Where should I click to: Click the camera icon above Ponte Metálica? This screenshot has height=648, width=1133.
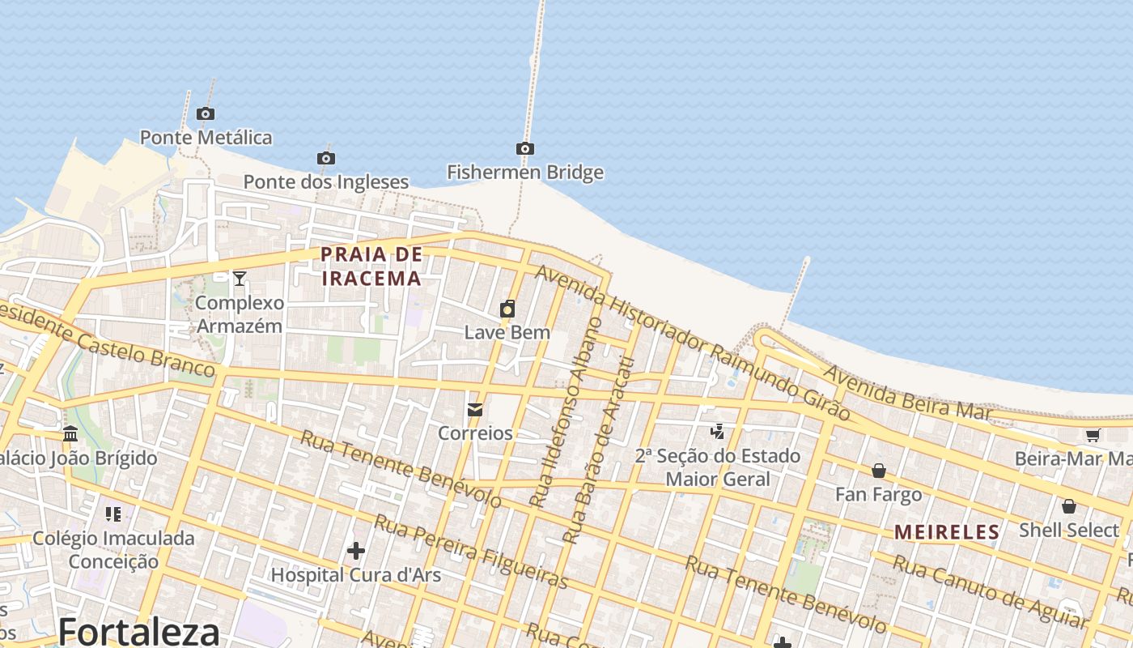tap(206, 114)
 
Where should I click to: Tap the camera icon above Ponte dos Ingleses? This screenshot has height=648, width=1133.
tap(326, 158)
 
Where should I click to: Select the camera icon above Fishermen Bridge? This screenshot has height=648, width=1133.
tap(525, 148)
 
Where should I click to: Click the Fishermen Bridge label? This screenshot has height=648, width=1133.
tap(525, 173)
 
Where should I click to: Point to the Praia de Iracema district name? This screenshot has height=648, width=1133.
tap(371, 266)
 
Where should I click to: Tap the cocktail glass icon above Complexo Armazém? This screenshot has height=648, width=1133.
tap(239, 279)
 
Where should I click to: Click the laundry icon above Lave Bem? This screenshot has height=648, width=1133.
tap(507, 309)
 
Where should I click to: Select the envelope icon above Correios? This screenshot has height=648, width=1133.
tap(475, 410)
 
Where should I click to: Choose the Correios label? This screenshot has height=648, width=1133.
tap(475, 433)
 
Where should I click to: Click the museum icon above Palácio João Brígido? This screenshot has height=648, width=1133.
tap(70, 434)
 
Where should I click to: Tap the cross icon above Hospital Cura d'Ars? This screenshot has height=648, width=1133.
tap(355, 552)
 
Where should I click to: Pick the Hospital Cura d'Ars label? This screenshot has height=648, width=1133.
tap(355, 575)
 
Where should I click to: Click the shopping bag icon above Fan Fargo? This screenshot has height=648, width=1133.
tap(878, 471)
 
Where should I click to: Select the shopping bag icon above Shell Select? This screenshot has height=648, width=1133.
tap(1068, 506)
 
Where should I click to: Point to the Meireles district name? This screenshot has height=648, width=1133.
tap(947, 532)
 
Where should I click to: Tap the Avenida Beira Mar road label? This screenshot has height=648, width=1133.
tap(907, 393)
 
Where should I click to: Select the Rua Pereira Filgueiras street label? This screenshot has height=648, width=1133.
tap(471, 552)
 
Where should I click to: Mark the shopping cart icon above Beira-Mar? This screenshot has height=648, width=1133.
tap(1093, 435)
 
